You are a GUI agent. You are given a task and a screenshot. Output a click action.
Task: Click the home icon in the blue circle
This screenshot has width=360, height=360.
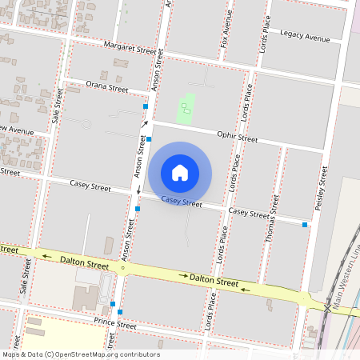[x=180, y=172]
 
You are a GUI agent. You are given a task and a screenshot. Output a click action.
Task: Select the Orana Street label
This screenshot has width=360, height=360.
[x=108, y=88]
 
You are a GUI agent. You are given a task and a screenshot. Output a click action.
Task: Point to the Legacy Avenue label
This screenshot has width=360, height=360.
[x=305, y=37]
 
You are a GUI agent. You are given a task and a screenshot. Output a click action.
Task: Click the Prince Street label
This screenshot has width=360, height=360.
[x=115, y=325]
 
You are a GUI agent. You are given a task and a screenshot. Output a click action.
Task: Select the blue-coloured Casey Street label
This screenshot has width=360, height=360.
[x=182, y=202]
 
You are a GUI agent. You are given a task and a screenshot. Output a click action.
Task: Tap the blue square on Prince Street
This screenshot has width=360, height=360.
[x=113, y=304]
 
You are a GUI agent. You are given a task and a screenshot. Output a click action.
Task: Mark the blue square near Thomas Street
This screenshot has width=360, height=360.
[x=305, y=225]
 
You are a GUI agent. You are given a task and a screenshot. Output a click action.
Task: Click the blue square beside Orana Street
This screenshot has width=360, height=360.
[x=146, y=106]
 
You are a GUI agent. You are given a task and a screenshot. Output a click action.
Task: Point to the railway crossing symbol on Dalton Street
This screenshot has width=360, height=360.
[x=329, y=307]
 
